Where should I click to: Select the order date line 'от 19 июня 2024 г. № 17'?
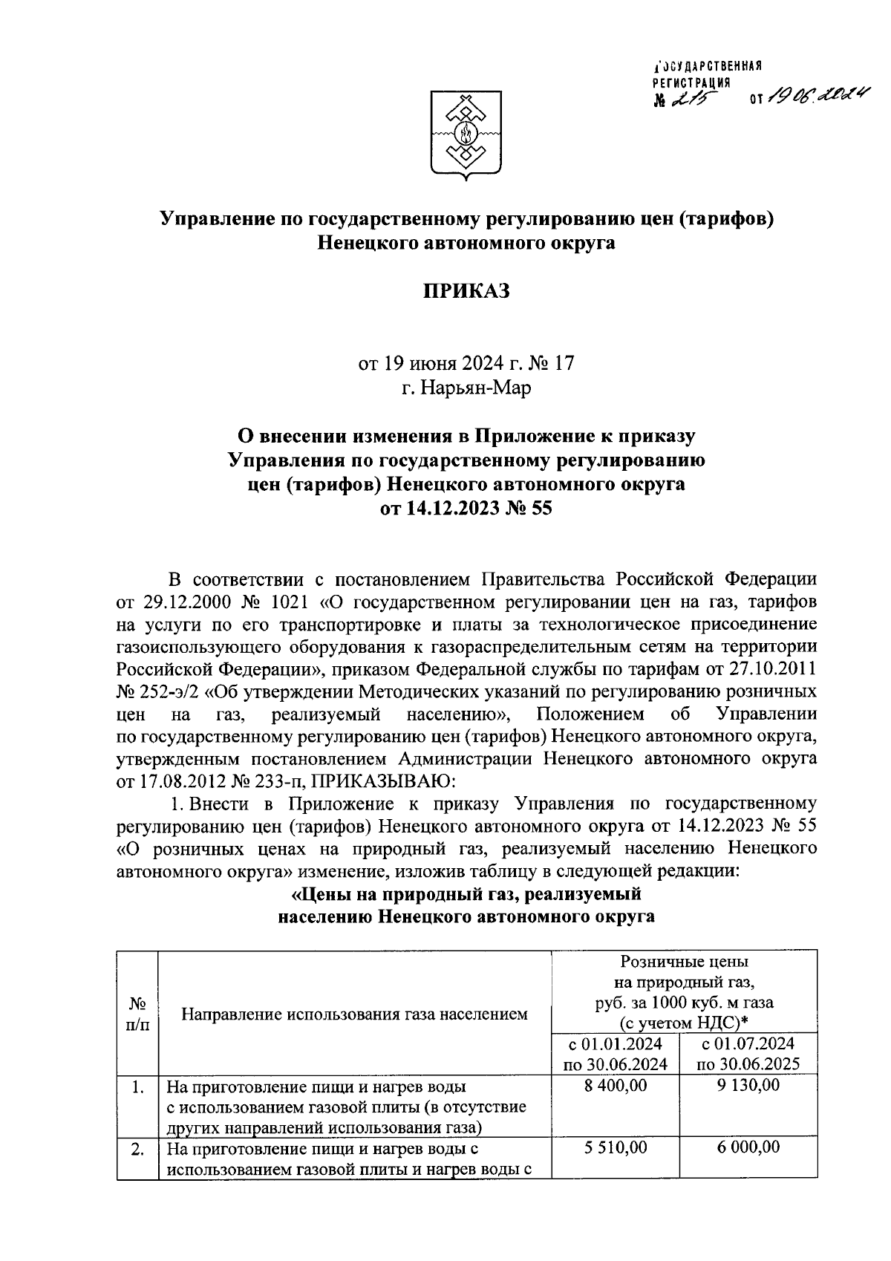point(466,364)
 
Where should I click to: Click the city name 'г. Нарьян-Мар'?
point(466,388)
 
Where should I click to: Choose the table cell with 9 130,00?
point(748,1086)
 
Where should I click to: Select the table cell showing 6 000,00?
point(748,1147)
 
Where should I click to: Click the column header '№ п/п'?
point(137,1014)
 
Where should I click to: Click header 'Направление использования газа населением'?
point(355,1014)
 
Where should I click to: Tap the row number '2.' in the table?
point(137,1149)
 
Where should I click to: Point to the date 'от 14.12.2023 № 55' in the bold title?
point(466,509)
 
